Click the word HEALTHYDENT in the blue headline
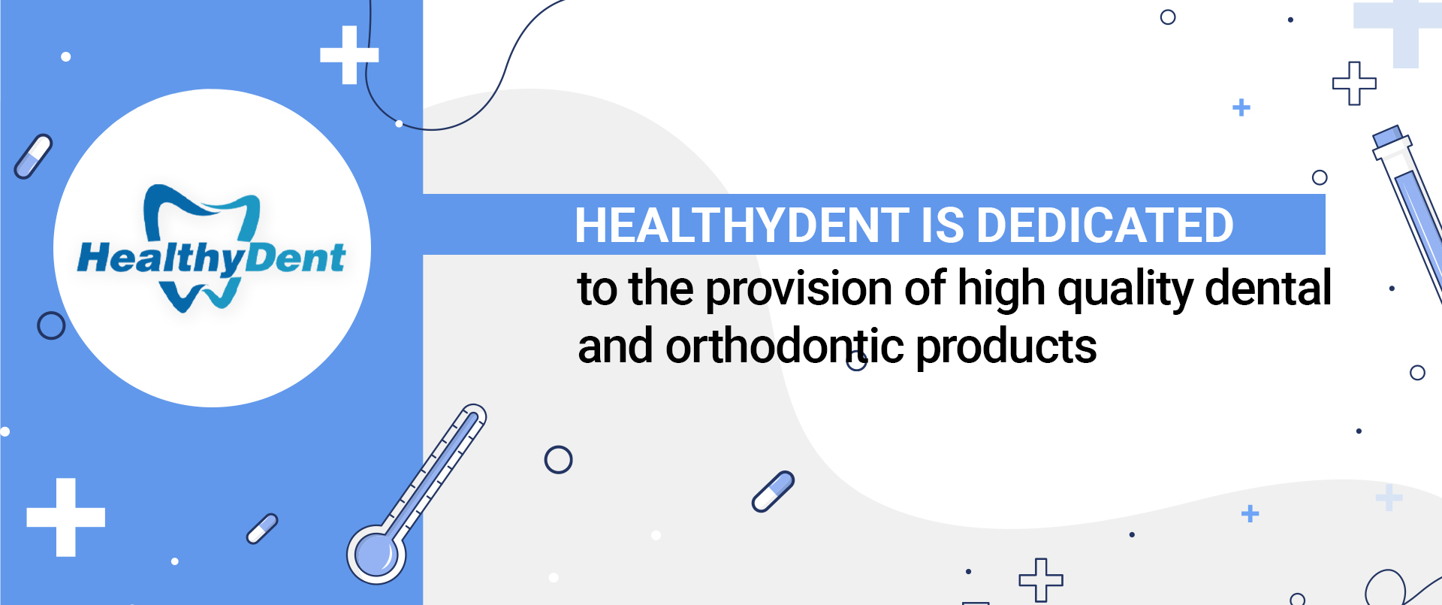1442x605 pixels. click(x=742, y=225)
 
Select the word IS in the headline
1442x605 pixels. click(x=943, y=225)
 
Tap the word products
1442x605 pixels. click(x=1006, y=348)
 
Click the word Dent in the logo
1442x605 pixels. click(x=295, y=258)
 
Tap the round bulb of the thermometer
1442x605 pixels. click(x=376, y=554)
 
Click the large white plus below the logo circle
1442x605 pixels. click(x=66, y=517)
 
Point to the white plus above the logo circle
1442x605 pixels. click(x=349, y=55)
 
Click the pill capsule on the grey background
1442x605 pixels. click(x=773, y=492)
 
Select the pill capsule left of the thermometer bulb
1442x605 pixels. click(x=262, y=528)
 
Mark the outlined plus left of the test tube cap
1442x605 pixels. click(x=1354, y=83)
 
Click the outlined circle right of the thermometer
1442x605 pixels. click(x=558, y=459)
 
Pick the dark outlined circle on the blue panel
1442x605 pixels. click(x=51, y=325)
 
